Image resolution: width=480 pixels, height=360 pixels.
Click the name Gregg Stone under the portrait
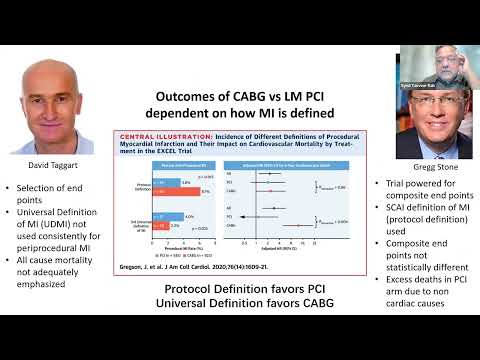(420, 169)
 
